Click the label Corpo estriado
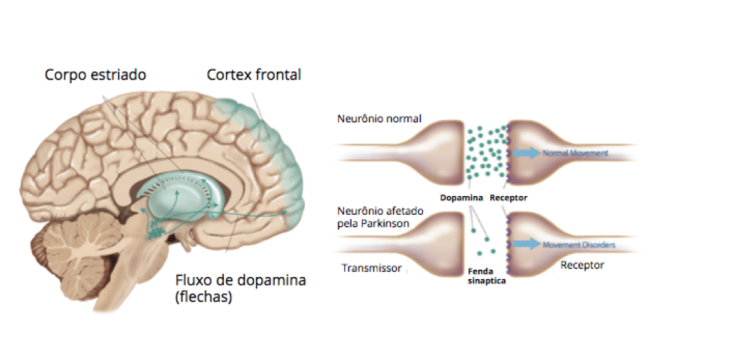click(x=95, y=75)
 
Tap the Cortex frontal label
click(x=254, y=74)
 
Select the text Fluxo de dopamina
click(x=240, y=280)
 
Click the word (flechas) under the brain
click(x=203, y=297)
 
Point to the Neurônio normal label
click(x=379, y=117)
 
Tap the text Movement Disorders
click(x=579, y=245)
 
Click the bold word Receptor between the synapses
click(x=509, y=198)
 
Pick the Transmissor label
click(x=371, y=268)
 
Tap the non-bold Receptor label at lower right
click(x=582, y=265)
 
